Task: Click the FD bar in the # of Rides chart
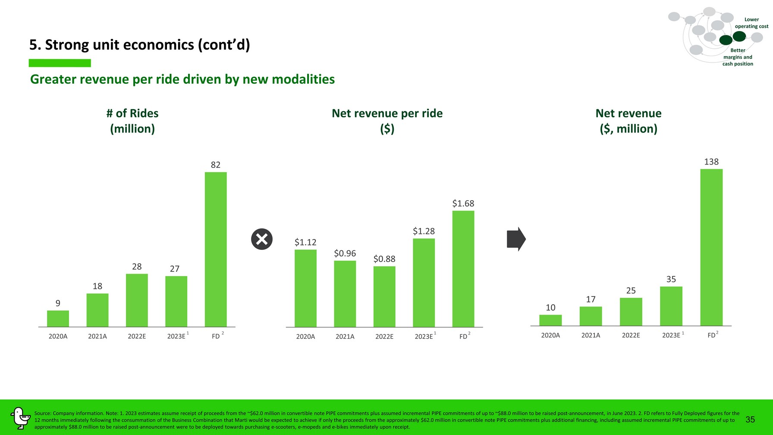[216, 249]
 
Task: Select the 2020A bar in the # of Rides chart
[58, 318]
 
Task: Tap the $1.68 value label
[463, 203]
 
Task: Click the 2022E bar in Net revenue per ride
[384, 296]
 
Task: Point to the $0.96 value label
[345, 253]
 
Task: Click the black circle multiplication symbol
[262, 239]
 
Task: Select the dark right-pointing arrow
[516, 239]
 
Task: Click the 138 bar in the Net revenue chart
[711, 247]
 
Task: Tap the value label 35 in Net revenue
[671, 279]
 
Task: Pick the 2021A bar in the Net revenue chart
[591, 316]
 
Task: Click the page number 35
[750, 419]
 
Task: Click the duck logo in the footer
[20, 418]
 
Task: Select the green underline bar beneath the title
[60, 63]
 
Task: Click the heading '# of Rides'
[132, 113]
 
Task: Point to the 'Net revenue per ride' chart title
[387, 113]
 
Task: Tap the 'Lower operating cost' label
[751, 23]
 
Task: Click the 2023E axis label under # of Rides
[176, 336]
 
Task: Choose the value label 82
[216, 165]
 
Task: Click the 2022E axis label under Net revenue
[631, 335]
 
